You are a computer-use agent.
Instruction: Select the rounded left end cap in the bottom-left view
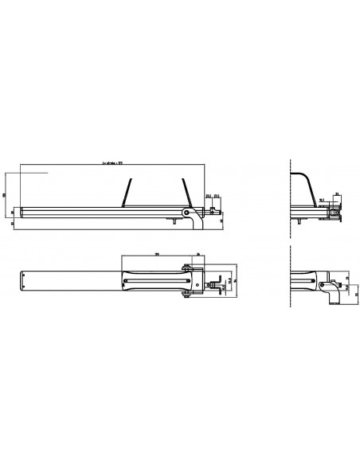point(24,281)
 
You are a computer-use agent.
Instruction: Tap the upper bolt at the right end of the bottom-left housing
point(186,268)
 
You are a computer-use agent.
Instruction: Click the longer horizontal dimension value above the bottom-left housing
point(157,254)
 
